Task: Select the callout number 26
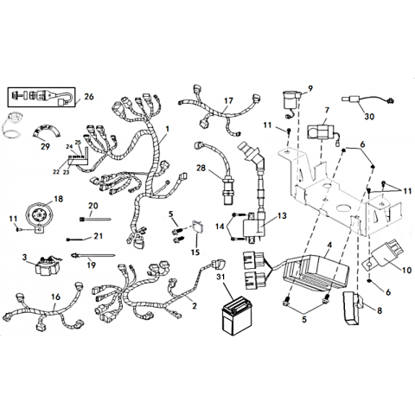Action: click(x=89, y=97)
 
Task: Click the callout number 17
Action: click(x=228, y=101)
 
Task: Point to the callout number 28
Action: click(x=201, y=168)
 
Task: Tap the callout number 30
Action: click(x=369, y=117)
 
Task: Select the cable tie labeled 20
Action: click(x=95, y=220)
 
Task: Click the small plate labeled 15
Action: click(x=197, y=227)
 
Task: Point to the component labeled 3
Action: click(x=48, y=265)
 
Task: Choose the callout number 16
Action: click(x=55, y=297)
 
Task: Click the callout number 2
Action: click(x=195, y=305)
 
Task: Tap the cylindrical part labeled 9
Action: click(x=291, y=101)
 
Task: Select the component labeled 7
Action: click(x=321, y=132)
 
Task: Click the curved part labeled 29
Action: click(x=46, y=131)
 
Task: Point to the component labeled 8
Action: click(x=352, y=309)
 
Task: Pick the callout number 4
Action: click(x=329, y=245)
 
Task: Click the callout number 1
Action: click(x=167, y=129)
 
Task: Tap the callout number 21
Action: click(x=99, y=236)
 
